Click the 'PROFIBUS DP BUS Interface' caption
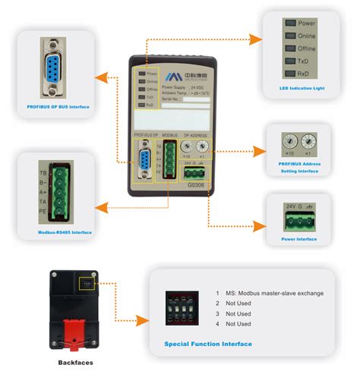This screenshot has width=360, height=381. (x=58, y=107)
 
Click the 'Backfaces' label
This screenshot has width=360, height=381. (x=75, y=363)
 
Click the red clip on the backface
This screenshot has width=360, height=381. (x=75, y=333)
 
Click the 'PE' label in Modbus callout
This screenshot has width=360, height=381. (x=43, y=214)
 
